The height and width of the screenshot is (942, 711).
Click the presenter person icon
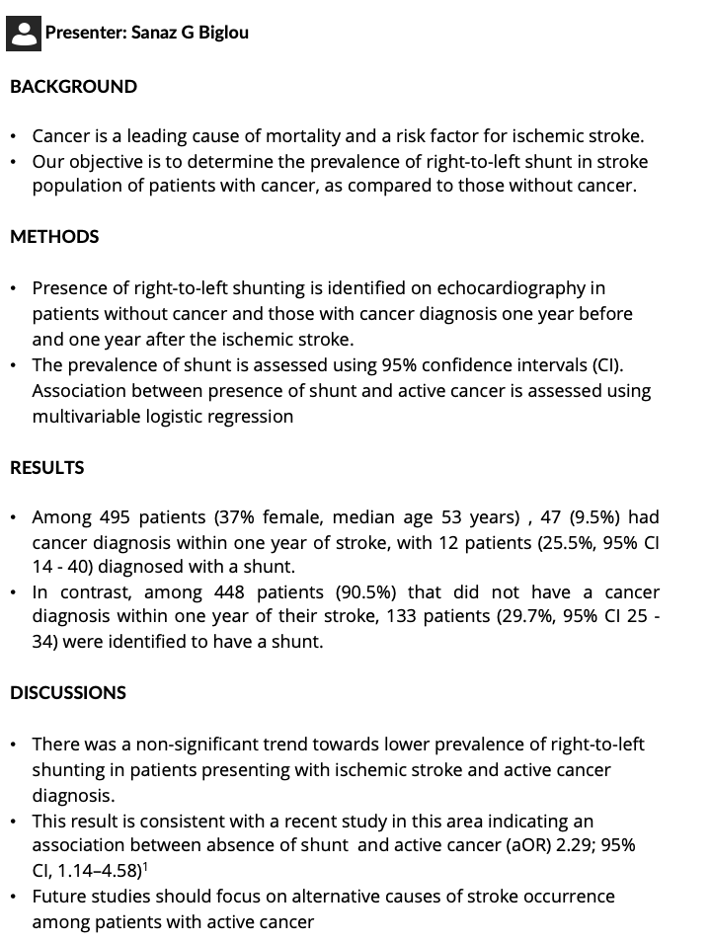[x=23, y=33]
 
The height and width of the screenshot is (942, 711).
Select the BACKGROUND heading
[x=73, y=87]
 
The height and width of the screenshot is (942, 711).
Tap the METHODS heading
[x=54, y=237]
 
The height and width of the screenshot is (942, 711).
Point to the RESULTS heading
[x=46, y=468]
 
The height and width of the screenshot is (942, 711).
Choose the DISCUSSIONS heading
[x=68, y=693]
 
